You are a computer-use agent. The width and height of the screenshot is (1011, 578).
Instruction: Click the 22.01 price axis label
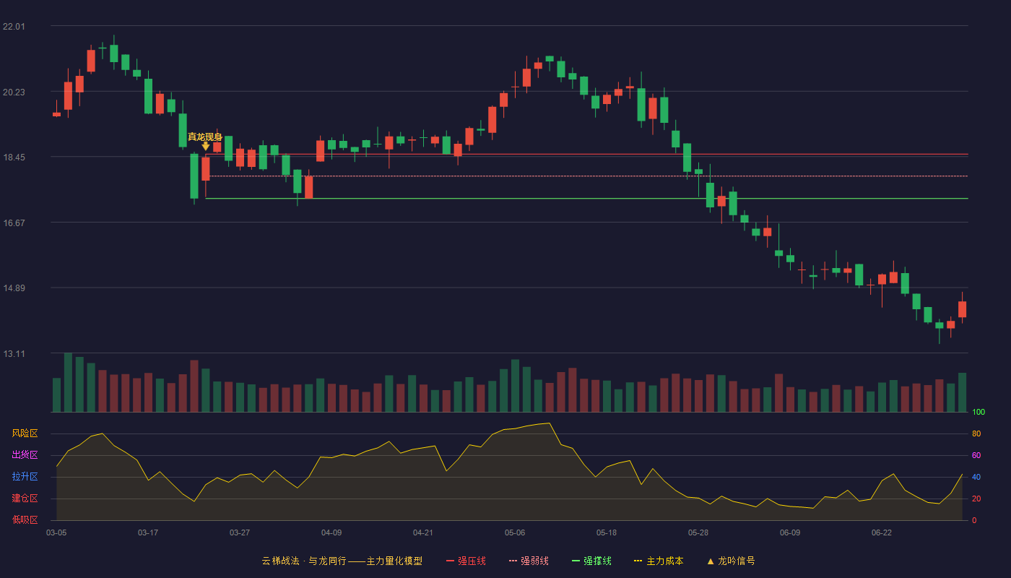[14, 27]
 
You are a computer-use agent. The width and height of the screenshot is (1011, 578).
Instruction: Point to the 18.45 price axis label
[14, 158]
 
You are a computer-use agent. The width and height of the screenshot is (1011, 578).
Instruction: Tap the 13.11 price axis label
[14, 354]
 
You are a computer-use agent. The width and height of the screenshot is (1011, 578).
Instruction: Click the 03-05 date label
[56, 533]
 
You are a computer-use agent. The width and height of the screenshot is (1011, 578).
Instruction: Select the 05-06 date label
[515, 533]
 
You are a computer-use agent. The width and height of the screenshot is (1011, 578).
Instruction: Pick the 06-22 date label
[882, 533]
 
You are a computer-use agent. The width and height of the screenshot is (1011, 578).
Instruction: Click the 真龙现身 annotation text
[205, 137]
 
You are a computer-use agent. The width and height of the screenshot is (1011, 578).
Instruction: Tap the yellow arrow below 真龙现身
[206, 146]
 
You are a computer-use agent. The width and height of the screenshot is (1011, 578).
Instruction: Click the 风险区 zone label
[25, 433]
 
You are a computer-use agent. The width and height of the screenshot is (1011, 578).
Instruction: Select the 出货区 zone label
[25, 454]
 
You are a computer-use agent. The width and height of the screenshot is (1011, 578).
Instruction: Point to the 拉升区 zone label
[25, 476]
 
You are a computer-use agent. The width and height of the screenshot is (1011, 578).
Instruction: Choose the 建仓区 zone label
[25, 498]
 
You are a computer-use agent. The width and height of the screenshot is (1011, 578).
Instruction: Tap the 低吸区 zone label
[25, 519]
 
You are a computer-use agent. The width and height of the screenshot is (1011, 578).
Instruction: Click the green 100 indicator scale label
[979, 412]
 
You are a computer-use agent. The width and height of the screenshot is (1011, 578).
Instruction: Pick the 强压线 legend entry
[466, 561]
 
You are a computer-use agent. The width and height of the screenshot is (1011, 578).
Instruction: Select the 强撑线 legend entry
[591, 561]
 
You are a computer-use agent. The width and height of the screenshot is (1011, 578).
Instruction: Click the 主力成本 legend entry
[659, 561]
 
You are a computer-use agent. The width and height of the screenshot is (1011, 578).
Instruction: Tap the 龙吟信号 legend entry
[731, 561]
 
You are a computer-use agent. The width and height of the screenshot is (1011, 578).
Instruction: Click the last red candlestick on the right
[962, 309]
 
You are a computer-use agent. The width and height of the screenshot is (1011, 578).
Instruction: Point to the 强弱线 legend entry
[529, 561]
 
